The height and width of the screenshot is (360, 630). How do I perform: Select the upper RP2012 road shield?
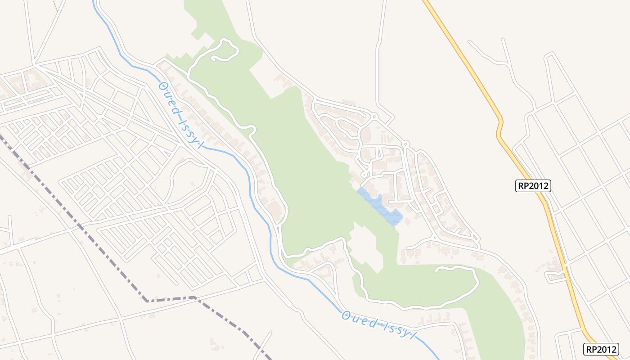click(533, 185)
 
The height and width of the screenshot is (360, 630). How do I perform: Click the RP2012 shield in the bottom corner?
click(601, 349)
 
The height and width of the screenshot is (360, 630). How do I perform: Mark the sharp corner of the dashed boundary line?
click(147, 301)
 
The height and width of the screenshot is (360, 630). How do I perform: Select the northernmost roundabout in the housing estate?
click(374, 117)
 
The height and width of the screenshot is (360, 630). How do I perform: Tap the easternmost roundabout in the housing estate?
click(405, 144)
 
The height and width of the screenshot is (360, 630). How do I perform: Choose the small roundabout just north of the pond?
click(364, 175)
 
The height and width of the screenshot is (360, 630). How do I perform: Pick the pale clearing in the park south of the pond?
click(367, 247)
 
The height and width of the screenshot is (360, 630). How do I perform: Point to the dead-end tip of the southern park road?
click(436, 270)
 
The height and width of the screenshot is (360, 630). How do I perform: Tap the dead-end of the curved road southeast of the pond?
click(407, 248)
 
